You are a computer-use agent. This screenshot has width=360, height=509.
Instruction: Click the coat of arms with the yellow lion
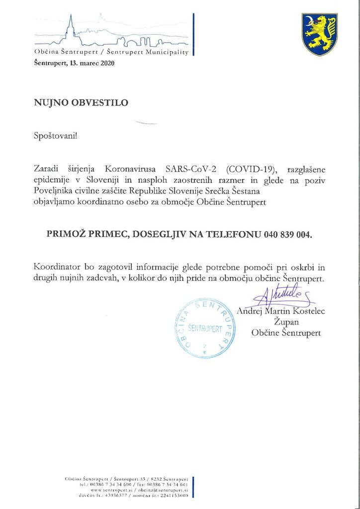coord(320,34)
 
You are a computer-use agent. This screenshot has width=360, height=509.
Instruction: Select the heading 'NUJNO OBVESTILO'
coord(81,103)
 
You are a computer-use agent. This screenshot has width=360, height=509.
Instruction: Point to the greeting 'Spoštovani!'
coord(56,135)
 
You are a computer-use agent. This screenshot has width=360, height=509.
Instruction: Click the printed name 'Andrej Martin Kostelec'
coord(281,312)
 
